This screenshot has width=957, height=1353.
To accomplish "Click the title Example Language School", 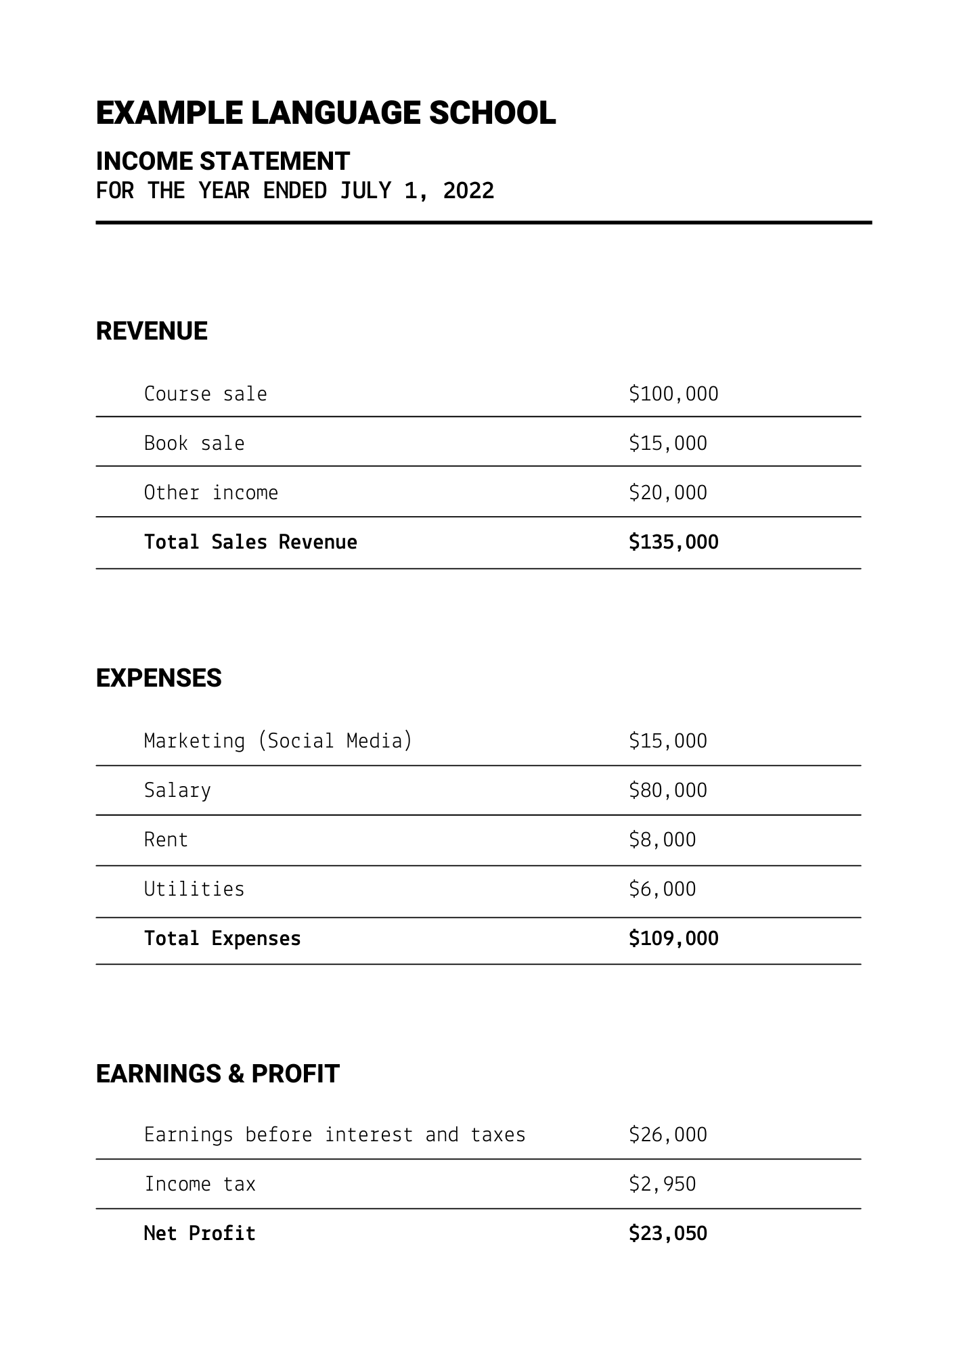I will [x=326, y=113].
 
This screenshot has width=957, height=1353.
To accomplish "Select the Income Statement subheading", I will [x=223, y=162].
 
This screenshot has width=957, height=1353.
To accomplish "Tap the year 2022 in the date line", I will [x=468, y=191].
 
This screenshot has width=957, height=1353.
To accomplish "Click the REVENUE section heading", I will [x=152, y=331].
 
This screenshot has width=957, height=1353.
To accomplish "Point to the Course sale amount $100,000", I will [x=673, y=394].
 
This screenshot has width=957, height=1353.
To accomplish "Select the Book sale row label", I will [x=194, y=443].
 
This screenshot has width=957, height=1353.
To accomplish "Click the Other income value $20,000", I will [x=667, y=492].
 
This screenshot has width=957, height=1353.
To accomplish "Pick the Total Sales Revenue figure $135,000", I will [x=673, y=542].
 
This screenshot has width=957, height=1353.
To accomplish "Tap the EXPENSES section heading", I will [x=158, y=679].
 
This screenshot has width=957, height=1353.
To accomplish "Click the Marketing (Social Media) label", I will [x=278, y=741].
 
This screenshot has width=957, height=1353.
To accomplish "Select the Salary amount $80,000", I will [x=667, y=790].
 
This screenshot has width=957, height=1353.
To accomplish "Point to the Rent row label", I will [x=166, y=840].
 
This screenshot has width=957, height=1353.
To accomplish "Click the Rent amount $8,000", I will [x=662, y=840].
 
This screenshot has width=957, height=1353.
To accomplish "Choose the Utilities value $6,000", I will [x=662, y=889].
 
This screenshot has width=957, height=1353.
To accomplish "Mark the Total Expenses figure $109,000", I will [x=673, y=938].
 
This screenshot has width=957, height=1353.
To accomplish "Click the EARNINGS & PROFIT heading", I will [x=217, y=1074].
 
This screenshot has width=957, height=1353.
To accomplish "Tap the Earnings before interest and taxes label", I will [x=334, y=1134].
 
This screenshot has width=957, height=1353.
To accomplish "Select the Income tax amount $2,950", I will [x=662, y=1184].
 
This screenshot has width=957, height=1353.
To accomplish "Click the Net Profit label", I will [x=200, y=1233].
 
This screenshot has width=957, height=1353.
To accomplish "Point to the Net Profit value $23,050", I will [x=667, y=1233].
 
